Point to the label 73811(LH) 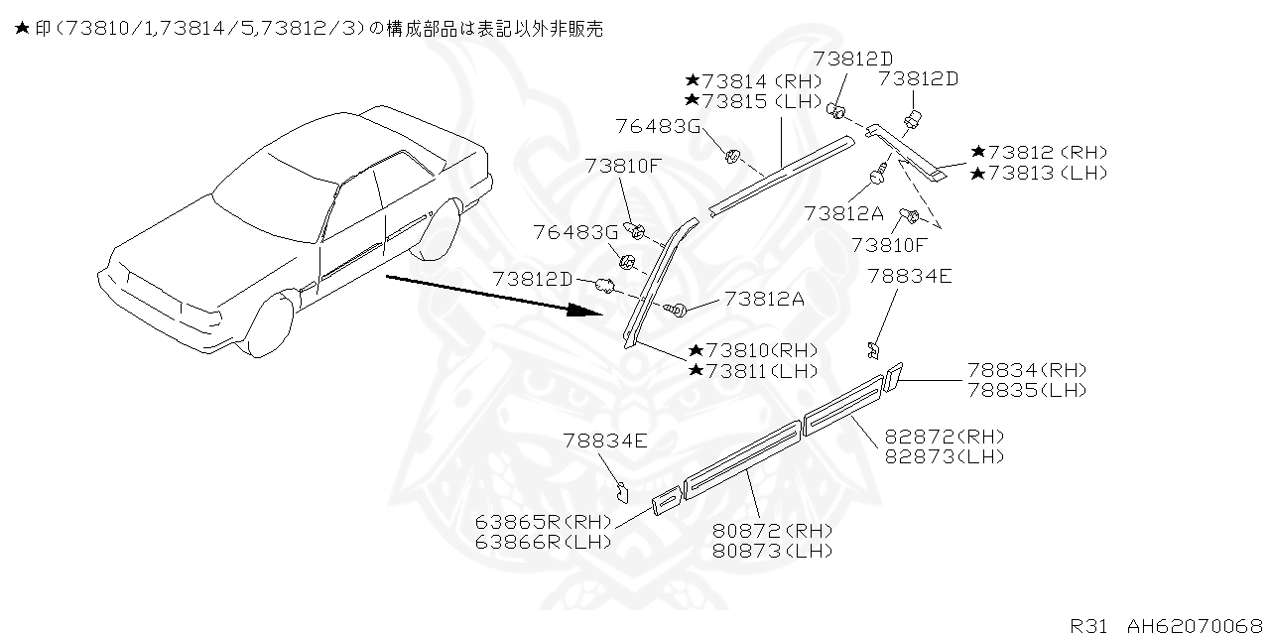(x=753, y=370)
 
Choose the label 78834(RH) (x=1027, y=370)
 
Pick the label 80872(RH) (x=772, y=531)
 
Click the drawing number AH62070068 (x=1195, y=625)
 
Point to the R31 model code (x=1090, y=625)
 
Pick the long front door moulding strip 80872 (x=743, y=454)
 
